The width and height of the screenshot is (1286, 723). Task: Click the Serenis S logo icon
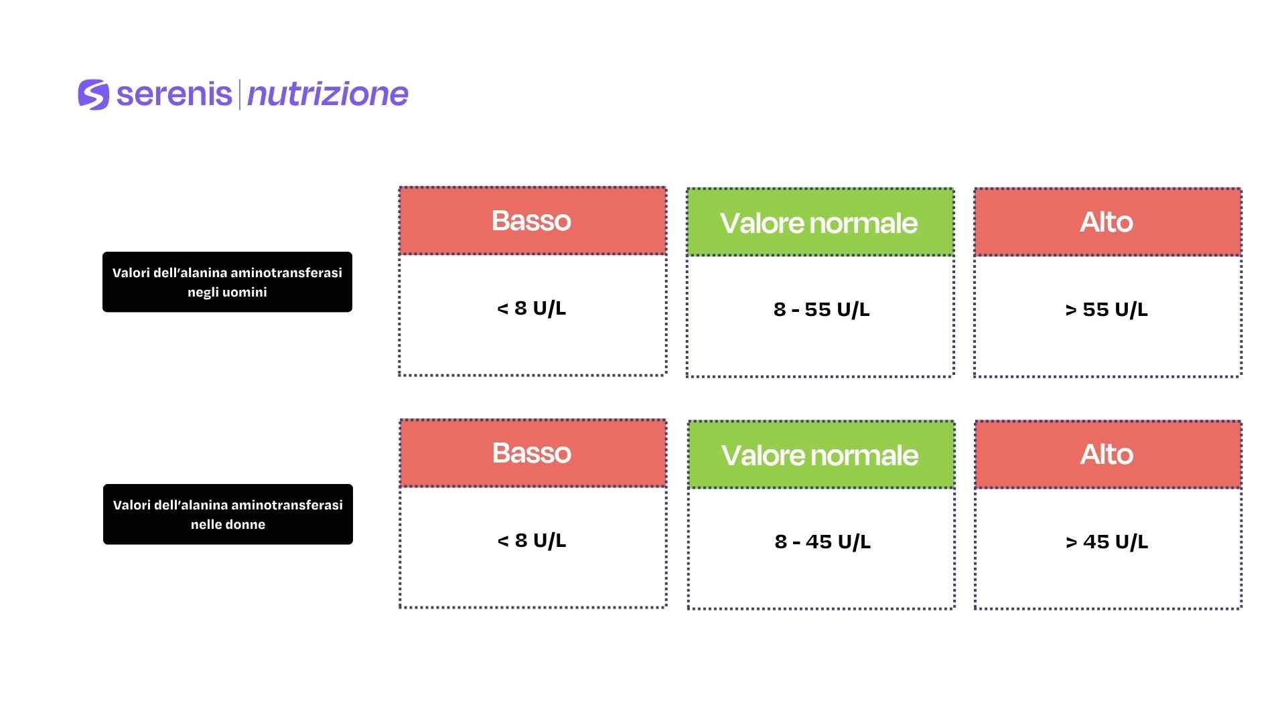93,94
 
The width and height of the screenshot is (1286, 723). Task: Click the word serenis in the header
174,94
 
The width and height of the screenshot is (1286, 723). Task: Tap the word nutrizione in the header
328,94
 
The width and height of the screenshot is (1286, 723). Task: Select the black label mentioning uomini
227,282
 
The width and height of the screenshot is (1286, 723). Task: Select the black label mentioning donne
228,514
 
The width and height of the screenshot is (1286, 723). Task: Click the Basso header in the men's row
532,221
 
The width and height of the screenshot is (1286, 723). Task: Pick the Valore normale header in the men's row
820,222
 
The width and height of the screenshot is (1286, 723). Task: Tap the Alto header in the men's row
1107,222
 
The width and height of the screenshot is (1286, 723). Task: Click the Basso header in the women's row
532,453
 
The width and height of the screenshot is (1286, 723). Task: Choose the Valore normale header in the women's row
820,455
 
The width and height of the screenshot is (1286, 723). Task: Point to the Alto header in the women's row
1108,455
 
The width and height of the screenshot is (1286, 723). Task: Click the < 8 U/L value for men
532,308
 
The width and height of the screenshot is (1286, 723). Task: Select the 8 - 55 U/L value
821,309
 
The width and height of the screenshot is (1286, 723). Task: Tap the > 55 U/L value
1106,309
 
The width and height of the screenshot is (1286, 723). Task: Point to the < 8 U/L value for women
532,540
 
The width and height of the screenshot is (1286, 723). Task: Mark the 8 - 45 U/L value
823,542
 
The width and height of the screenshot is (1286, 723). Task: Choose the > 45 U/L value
1107,542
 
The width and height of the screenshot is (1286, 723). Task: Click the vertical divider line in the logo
239,94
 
